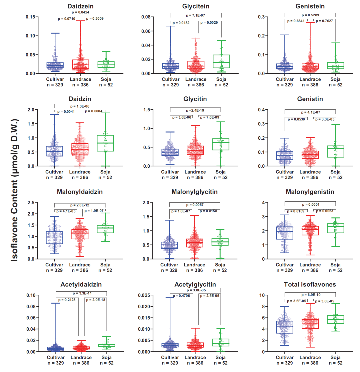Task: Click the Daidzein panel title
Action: pos(80,6)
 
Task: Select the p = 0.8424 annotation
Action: pos(81,13)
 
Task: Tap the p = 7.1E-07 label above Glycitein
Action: pos(196,15)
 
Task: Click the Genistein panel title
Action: pos(310,6)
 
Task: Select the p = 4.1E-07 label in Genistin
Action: pos(310,112)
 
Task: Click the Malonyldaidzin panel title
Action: pos(80,192)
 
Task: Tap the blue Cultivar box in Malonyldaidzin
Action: pos(55,238)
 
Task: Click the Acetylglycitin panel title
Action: pos(195,285)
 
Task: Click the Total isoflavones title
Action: pos(310,285)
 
